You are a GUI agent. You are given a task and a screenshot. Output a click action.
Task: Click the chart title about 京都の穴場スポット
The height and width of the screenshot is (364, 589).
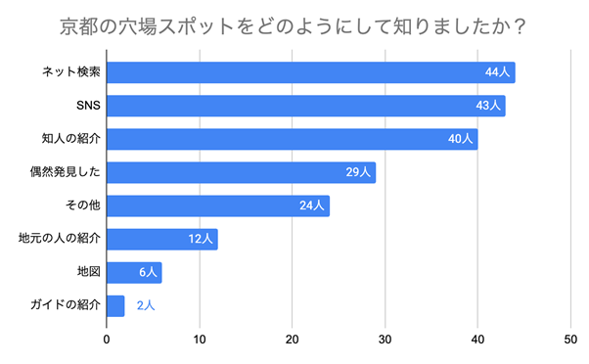294,24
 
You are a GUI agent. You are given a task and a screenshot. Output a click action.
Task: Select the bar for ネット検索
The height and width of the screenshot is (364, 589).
310,72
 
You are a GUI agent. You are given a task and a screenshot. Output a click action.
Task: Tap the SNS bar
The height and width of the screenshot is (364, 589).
305,106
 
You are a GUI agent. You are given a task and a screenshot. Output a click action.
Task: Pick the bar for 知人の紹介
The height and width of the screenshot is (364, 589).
292,139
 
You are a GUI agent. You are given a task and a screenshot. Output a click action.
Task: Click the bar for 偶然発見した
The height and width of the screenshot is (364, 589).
241,172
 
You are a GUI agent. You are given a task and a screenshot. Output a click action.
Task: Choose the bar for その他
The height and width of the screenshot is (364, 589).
217,205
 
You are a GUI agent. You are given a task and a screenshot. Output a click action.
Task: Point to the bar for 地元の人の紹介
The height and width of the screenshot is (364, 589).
161,239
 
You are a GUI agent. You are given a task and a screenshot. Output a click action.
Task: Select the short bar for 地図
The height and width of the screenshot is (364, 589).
134,272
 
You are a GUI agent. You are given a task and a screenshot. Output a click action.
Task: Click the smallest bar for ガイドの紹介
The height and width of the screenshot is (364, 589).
115,305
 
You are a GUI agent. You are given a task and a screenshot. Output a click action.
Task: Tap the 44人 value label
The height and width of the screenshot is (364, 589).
498,72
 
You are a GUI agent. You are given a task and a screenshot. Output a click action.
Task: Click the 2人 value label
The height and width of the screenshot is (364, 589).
146,305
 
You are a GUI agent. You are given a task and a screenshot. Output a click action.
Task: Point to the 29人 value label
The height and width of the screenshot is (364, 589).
358,172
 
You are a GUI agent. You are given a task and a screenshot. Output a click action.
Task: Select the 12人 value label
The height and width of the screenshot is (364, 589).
201,239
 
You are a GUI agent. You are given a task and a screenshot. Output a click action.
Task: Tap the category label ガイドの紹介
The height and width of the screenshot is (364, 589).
66,305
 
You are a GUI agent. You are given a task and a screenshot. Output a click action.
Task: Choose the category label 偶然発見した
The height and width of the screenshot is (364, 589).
66,172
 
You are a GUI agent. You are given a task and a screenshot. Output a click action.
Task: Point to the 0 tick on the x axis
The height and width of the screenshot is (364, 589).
107,340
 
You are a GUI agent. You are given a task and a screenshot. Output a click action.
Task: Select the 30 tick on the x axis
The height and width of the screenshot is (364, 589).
385,340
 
